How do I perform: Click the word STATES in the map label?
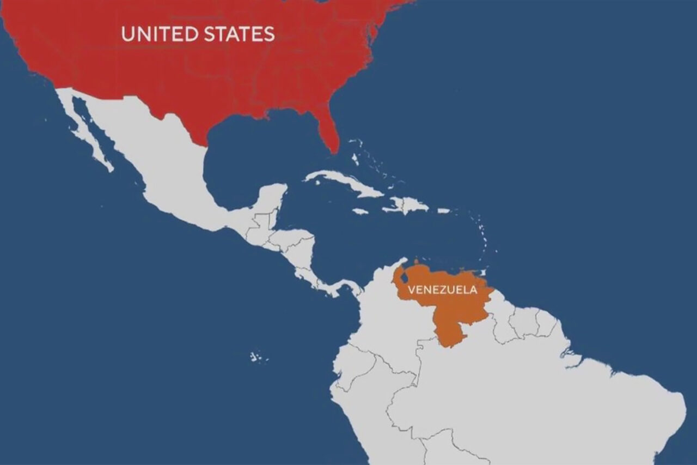pyautogui.click(x=239, y=34)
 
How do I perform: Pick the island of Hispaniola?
pyautogui.click(x=406, y=206)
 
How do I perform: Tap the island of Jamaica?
pyautogui.click(x=360, y=211)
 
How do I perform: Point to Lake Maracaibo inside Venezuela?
pyautogui.click(x=404, y=278)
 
